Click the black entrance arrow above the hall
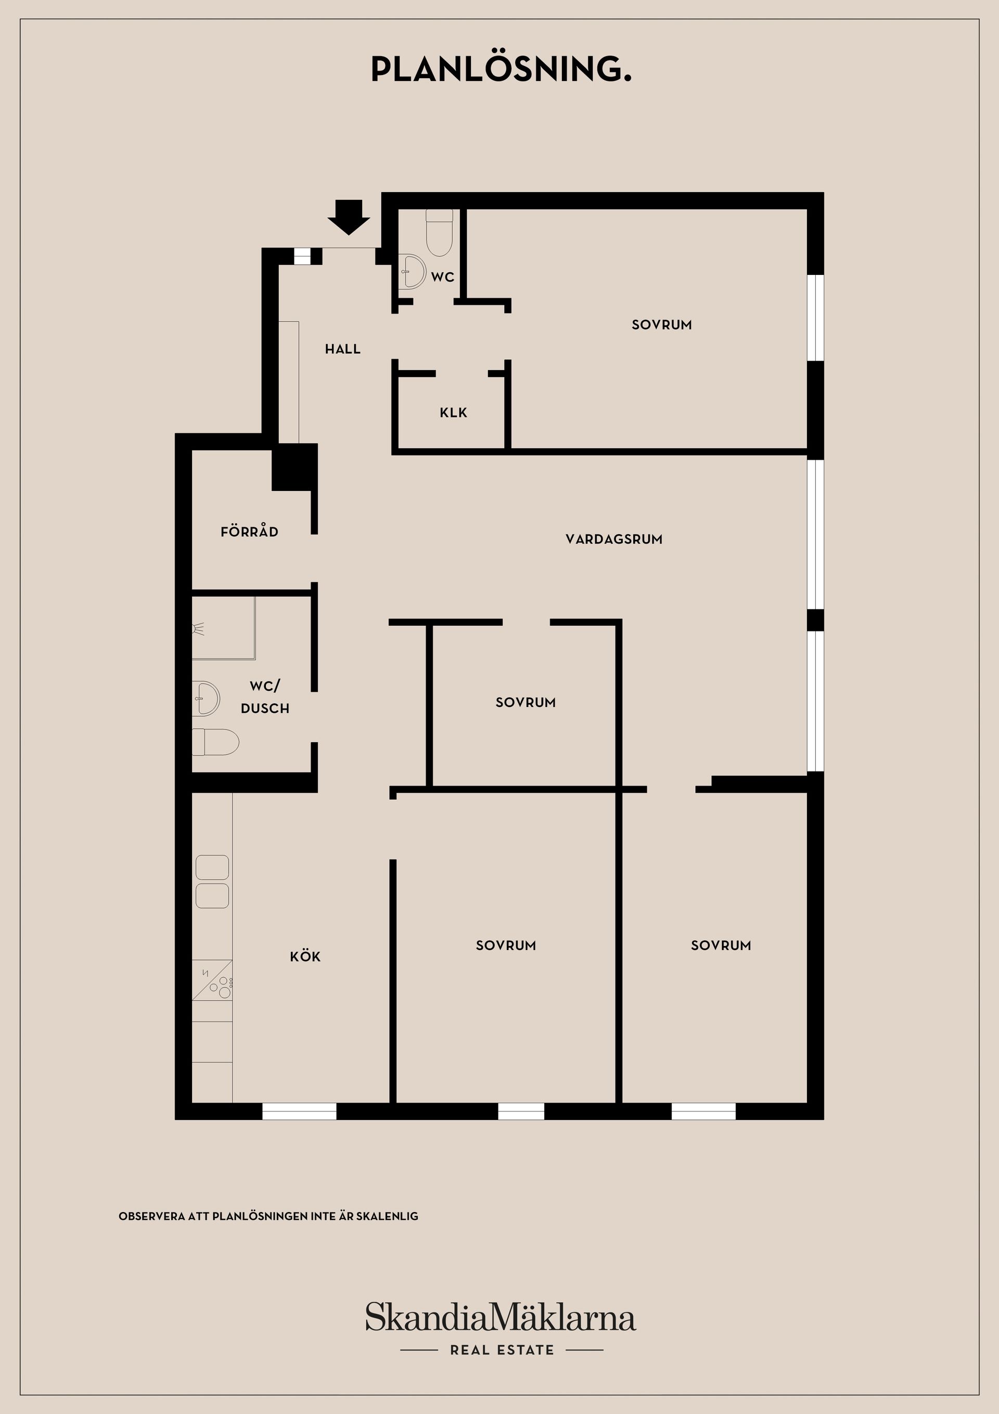[x=349, y=217]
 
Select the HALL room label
[x=343, y=349]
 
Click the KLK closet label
[x=454, y=413]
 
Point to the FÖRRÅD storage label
[x=249, y=532]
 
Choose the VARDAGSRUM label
[x=613, y=539]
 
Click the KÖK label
[x=305, y=956]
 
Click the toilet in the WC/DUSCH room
[x=216, y=742]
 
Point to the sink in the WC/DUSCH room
[x=206, y=698]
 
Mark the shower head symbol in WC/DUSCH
[x=198, y=629]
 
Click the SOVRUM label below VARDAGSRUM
[x=526, y=703]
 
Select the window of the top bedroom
[x=815, y=317]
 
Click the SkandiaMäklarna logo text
[x=501, y=1318]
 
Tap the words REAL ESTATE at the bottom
[x=502, y=1350]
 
